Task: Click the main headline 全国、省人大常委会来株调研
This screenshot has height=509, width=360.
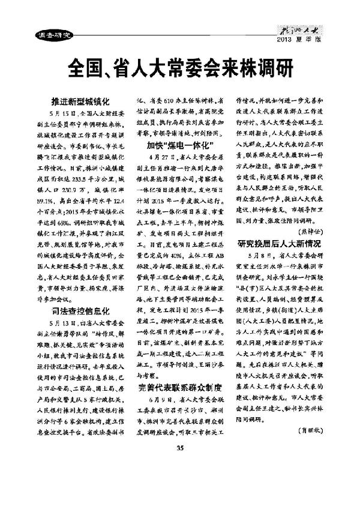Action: [x=180, y=67]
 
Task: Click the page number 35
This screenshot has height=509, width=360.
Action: [x=179, y=480]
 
